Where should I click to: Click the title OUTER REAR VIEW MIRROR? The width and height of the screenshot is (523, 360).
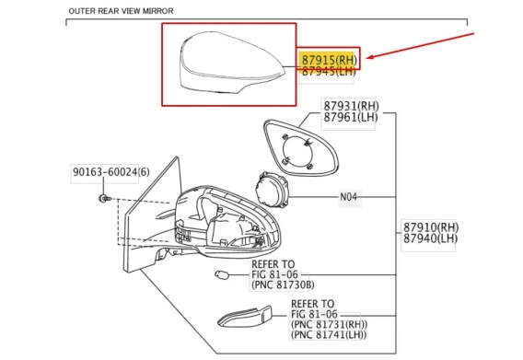[121, 11]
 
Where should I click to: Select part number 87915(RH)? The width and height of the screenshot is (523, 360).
[330, 60]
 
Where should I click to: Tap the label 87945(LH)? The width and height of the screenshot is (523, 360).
[329, 71]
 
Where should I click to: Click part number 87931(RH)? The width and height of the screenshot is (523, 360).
[351, 106]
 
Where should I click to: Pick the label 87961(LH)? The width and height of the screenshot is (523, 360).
[351, 117]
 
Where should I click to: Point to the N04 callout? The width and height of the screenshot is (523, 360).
[348, 197]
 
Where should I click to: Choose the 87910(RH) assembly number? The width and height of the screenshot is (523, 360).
[431, 227]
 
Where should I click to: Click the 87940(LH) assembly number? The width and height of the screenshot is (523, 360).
[430, 238]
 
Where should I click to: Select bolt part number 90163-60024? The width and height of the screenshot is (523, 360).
[105, 172]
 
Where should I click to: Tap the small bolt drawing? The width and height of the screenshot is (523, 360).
[105, 199]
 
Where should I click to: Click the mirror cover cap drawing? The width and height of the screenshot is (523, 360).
[231, 63]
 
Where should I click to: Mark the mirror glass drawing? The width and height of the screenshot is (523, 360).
[301, 148]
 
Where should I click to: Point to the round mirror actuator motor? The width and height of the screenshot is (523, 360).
[272, 189]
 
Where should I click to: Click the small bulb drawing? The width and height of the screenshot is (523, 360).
[222, 275]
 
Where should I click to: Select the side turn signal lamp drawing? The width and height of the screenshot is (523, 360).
[245, 317]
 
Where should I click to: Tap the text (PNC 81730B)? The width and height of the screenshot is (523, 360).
[283, 285]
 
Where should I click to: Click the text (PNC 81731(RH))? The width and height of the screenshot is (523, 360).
[329, 324]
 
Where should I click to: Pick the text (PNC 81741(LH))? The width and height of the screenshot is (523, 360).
[328, 334]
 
